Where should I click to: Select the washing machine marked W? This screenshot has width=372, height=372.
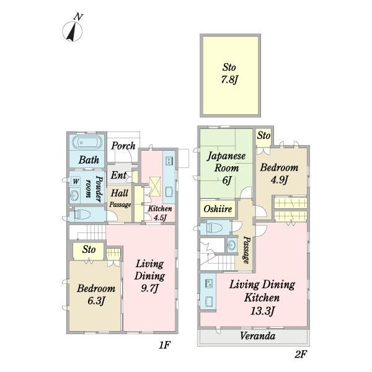click(76, 182)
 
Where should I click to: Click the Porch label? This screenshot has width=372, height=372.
click(123, 146)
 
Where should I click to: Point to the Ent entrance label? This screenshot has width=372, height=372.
click(118, 175)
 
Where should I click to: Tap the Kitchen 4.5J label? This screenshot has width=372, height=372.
click(160, 213)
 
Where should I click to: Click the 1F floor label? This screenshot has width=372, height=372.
click(164, 345)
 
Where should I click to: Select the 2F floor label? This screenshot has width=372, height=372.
click(301, 355)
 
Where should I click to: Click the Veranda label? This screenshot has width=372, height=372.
click(257, 335)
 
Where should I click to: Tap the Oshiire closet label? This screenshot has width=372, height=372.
click(218, 209)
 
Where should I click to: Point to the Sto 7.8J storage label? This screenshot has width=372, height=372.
click(229, 74)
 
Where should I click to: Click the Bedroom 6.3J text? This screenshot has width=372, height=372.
click(96, 294)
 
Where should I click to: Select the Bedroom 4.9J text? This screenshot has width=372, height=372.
click(279, 174)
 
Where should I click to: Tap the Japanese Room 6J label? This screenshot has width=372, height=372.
click(226, 168)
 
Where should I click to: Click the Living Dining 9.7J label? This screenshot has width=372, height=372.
click(149, 276)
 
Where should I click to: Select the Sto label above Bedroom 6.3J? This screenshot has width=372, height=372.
click(89, 249)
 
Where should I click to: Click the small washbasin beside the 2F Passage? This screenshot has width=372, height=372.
click(232, 245)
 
